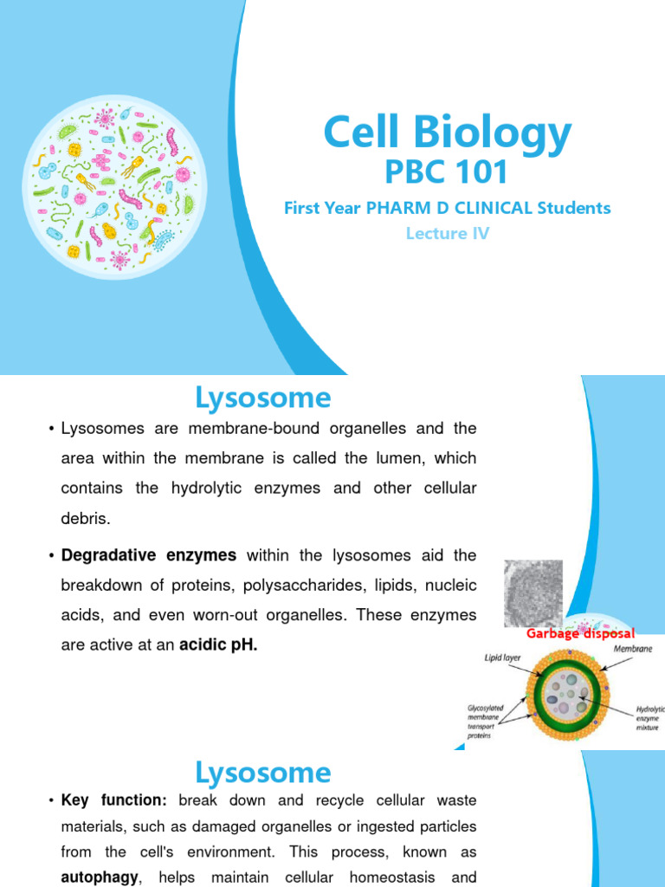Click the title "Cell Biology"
click(x=447, y=134)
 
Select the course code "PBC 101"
click(x=447, y=172)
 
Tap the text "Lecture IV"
click(x=447, y=233)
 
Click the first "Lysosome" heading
click(x=263, y=398)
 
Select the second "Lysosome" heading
click(x=263, y=772)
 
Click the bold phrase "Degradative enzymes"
click(x=149, y=554)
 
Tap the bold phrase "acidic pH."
click(x=218, y=644)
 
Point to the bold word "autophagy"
click(x=100, y=877)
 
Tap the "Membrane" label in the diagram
click(x=633, y=648)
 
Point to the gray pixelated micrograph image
click(x=533, y=593)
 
